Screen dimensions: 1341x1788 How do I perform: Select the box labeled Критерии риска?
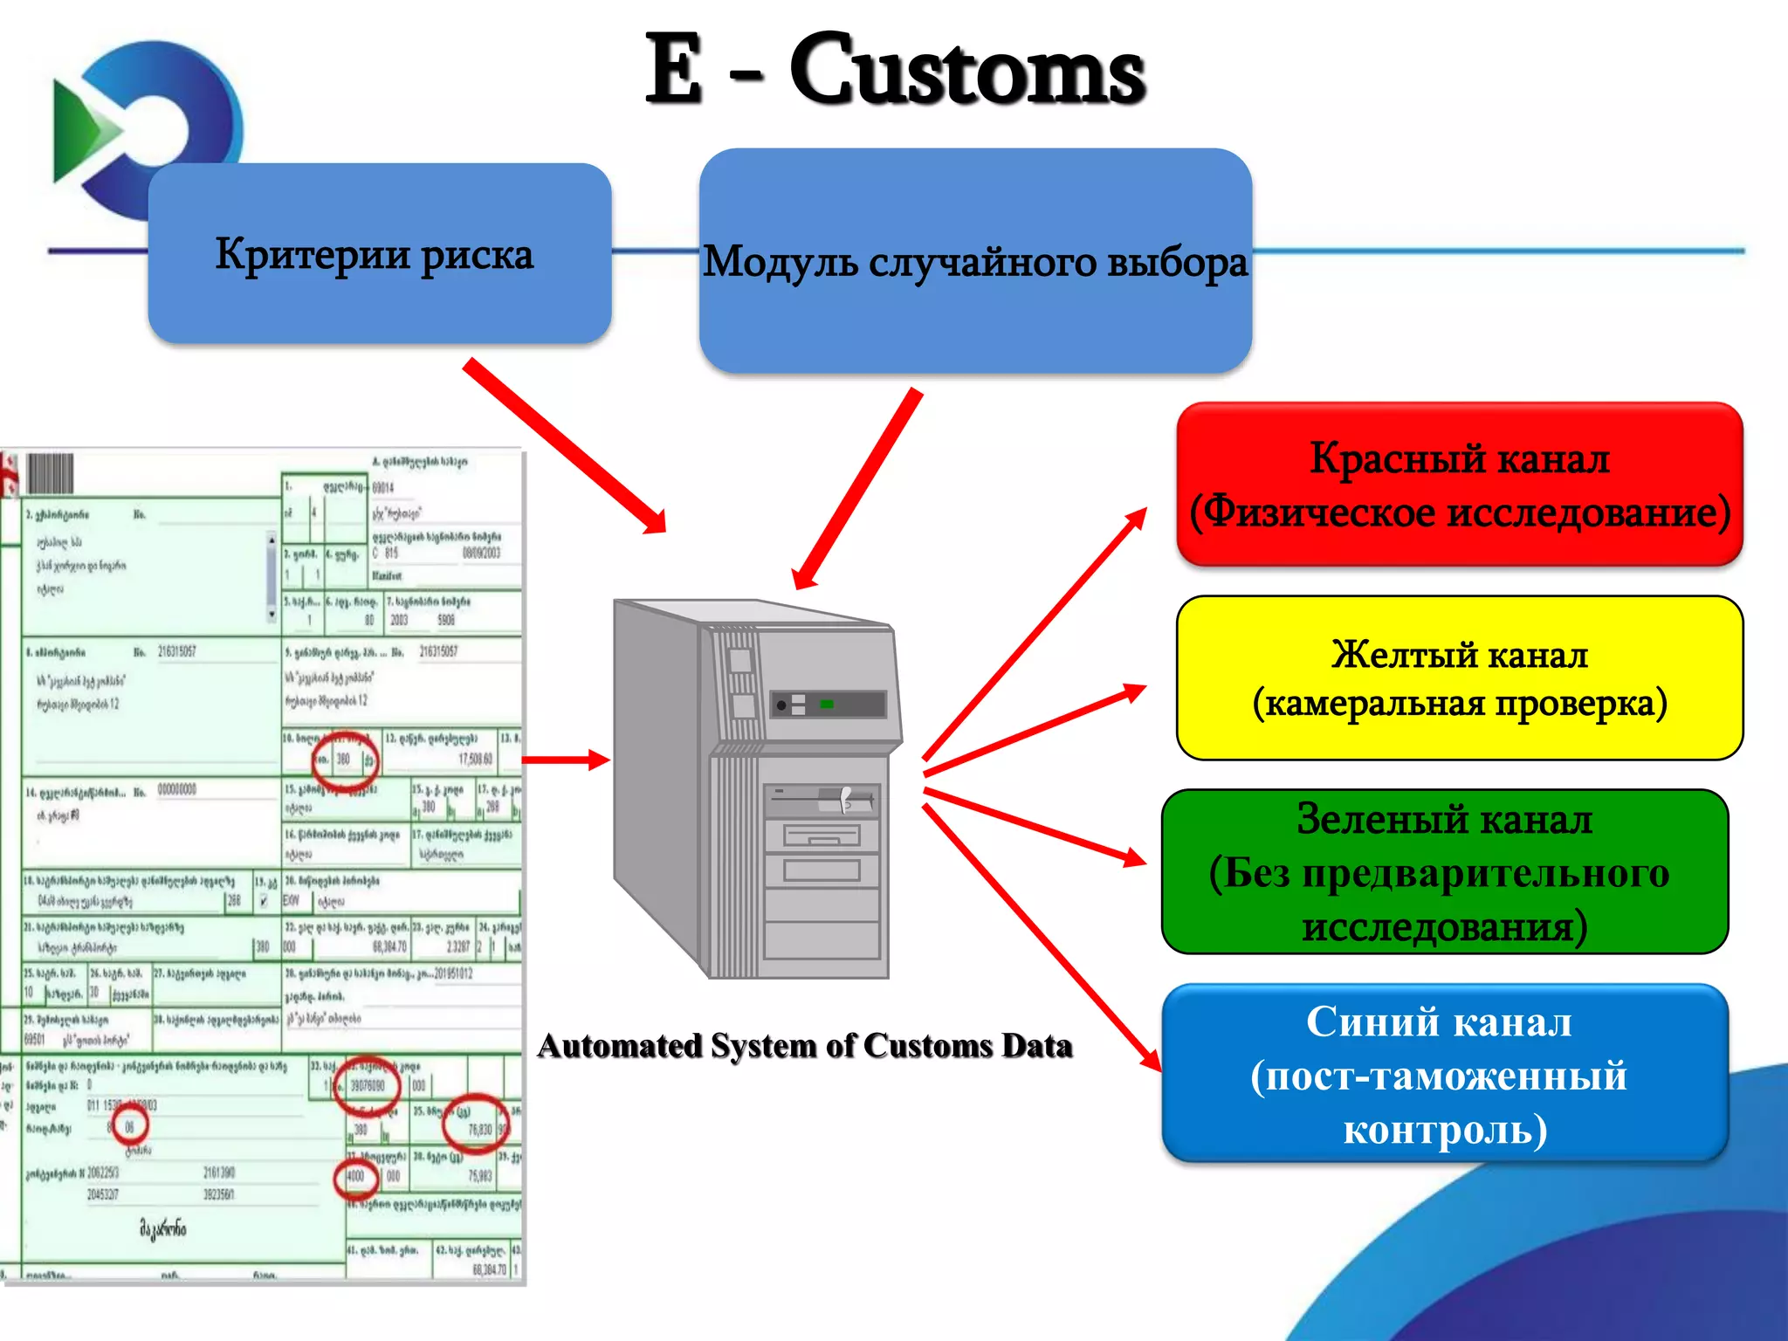click(380, 253)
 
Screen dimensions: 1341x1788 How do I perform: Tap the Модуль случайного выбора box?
click(975, 261)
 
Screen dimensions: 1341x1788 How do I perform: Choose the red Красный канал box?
click(1459, 485)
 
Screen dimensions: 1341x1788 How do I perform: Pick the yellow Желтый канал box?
click(1459, 678)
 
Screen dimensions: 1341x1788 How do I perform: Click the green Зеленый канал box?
click(1445, 871)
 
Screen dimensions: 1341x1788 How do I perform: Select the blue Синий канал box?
click(1445, 1074)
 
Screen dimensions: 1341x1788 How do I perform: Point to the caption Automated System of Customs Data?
click(804, 1046)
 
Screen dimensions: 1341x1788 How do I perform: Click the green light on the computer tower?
click(827, 704)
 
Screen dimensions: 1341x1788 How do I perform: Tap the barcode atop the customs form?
click(51, 474)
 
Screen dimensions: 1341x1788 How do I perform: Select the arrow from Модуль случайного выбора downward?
click(857, 489)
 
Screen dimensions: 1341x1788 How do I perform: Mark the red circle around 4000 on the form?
click(356, 1177)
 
